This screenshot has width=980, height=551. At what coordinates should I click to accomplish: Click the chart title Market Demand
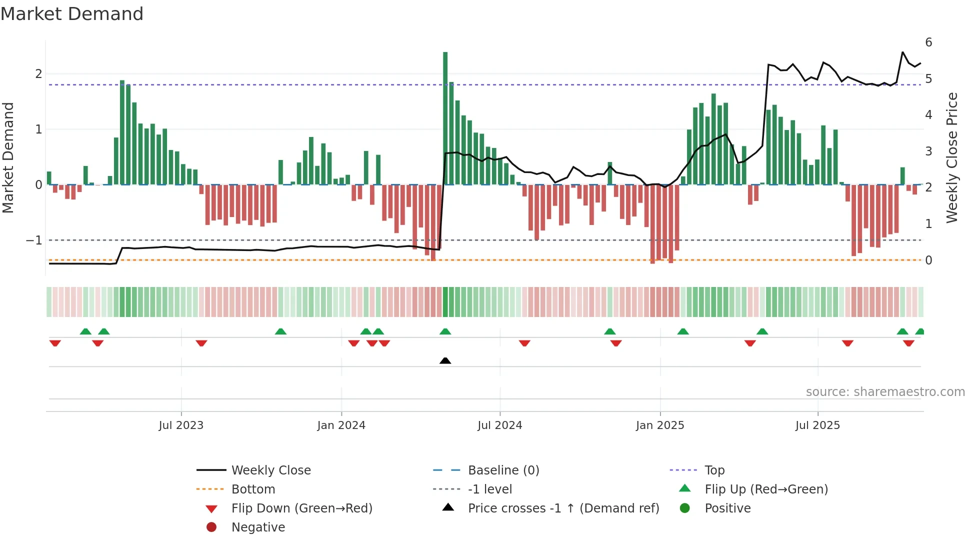[72, 14]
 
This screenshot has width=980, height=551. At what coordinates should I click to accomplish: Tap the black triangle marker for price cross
[445, 360]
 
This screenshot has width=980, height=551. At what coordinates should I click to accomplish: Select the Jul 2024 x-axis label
[499, 425]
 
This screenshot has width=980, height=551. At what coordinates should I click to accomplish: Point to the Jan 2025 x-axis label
[660, 425]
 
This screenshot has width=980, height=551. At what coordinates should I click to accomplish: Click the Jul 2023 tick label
[181, 425]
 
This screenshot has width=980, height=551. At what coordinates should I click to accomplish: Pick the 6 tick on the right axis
[928, 42]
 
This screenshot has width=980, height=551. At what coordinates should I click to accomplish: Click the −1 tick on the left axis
[34, 240]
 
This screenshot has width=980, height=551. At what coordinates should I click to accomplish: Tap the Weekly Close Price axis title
[952, 157]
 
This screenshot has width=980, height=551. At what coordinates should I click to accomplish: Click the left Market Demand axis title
[8, 157]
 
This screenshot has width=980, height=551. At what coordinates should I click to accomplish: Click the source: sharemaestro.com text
[885, 392]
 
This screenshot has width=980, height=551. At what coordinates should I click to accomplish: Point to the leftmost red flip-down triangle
[55, 343]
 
